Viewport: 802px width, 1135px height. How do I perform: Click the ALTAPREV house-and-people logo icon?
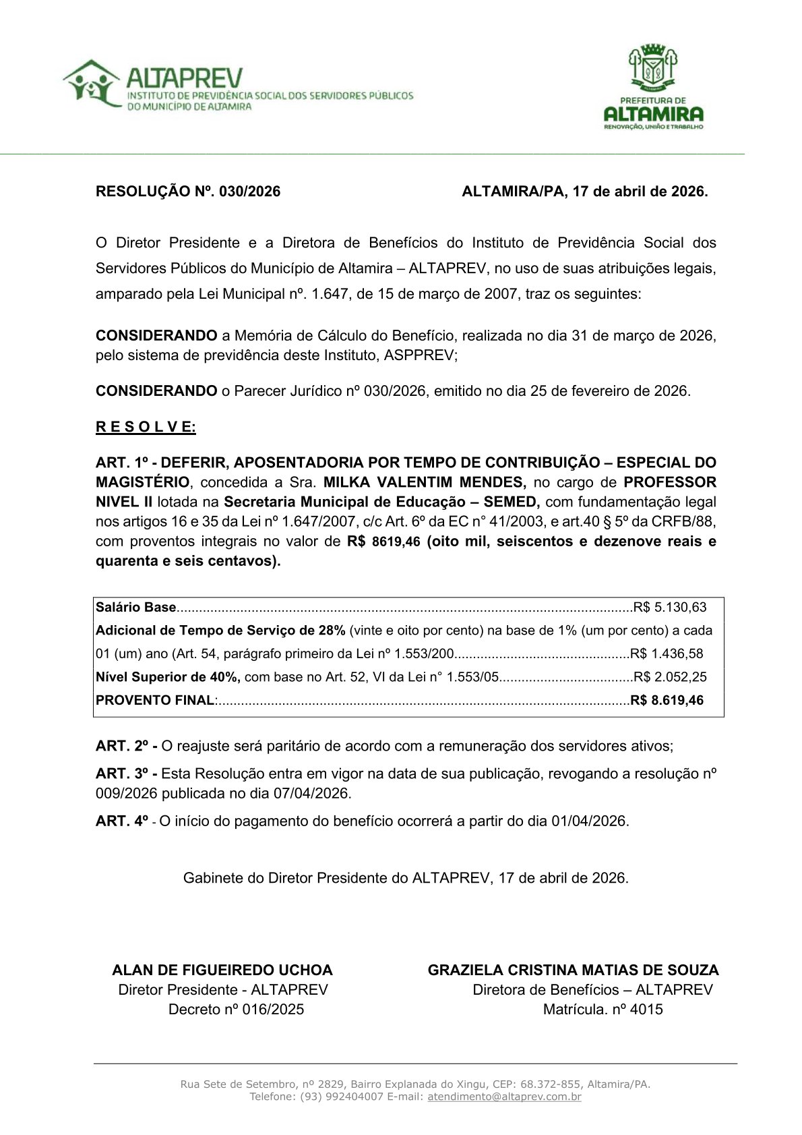coord(92,84)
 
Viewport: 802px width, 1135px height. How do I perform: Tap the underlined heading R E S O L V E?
coord(146,427)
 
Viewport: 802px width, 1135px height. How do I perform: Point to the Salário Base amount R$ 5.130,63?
coord(670,607)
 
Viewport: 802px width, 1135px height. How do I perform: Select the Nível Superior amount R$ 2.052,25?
coord(670,677)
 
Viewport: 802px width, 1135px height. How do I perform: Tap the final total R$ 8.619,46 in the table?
coord(667,700)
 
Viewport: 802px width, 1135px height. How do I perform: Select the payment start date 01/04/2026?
coord(589,821)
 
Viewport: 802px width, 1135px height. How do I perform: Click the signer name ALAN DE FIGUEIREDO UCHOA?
coord(222,970)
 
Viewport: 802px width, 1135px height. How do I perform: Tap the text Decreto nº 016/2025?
coord(236,1009)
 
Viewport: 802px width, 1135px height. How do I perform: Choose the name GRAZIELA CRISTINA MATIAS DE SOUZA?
coord(573,970)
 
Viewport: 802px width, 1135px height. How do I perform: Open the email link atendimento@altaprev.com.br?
coord(504,1097)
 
